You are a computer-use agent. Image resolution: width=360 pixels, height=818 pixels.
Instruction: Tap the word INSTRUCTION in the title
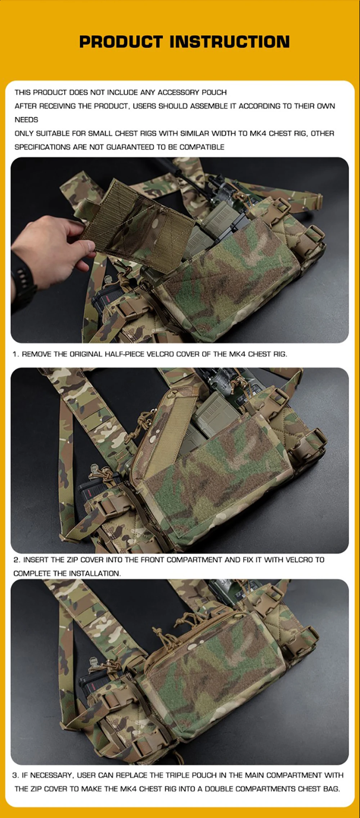point(230,42)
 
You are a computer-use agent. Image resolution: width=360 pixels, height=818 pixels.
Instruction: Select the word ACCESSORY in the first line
point(178,93)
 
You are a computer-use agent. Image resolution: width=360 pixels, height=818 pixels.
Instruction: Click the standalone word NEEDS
point(26,120)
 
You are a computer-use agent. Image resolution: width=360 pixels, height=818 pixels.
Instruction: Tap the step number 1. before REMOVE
point(16,354)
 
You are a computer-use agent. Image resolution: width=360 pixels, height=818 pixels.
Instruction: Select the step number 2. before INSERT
point(17,560)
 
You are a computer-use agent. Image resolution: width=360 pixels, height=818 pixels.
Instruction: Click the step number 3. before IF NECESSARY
point(16,775)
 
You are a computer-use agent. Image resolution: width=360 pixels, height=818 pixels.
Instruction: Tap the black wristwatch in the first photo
point(22,284)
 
